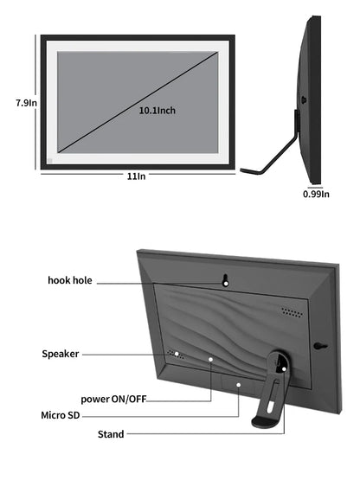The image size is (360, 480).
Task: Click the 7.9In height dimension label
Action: pos(26,103)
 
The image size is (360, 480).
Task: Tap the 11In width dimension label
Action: pos(137,176)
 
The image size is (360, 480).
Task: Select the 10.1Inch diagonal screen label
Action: pos(157,110)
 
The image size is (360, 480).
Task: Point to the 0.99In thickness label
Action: pos(316,194)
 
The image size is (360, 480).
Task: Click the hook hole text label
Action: pos(70,280)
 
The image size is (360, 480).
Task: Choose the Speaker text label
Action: pos(61,354)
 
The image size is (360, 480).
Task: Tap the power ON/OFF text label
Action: pos(113,399)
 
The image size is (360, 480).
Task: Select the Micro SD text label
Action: pos(61,415)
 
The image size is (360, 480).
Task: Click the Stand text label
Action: pos(111,434)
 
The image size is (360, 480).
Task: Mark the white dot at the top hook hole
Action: pos(226,284)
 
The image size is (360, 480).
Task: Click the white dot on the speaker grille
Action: pos(177,354)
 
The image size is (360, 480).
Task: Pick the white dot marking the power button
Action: pos(210,359)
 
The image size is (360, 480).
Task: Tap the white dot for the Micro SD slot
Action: pos(238,385)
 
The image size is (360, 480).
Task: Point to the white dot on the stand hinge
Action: pos(284,369)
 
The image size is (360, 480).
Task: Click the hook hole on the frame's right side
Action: pos(320,346)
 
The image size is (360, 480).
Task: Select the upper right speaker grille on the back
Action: pos(292,312)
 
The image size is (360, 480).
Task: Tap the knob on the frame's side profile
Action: pos(304,100)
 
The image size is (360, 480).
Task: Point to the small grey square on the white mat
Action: pos(50,160)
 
